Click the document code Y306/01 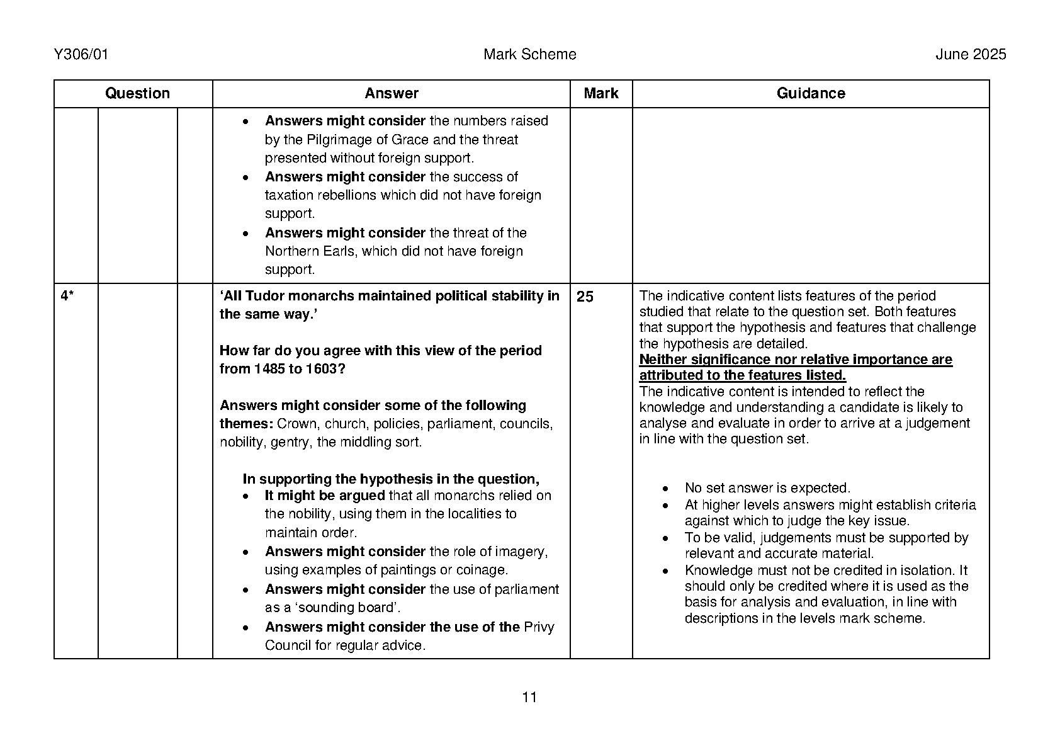tap(81, 55)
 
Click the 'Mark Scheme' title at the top tap(529, 55)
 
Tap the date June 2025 tap(971, 55)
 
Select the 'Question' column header tap(137, 94)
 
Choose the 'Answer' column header tap(391, 94)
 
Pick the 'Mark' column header tap(600, 94)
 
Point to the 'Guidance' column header tap(810, 94)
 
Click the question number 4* tap(67, 297)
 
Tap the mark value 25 tap(585, 297)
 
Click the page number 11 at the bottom tap(529, 697)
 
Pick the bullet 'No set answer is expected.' tap(767, 488)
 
